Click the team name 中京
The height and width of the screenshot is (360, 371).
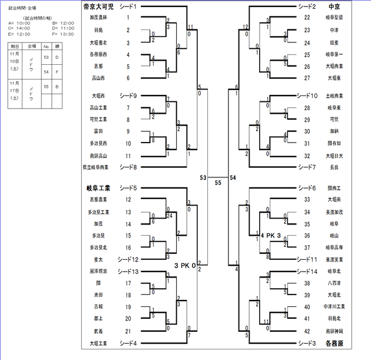point(334,7)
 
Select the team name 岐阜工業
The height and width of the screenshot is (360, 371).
point(98,189)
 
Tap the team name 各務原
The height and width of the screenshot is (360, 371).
point(334,342)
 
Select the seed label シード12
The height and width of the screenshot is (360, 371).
point(128,259)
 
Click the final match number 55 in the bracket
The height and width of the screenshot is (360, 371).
point(218,183)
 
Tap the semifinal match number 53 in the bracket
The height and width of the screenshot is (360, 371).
point(203,177)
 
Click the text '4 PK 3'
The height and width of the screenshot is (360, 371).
point(271,236)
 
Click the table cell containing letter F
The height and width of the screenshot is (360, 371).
point(56,72)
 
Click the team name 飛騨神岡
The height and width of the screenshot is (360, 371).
point(334,331)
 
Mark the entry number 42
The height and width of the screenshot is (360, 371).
point(307,331)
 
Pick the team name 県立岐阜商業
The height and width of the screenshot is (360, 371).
point(97,167)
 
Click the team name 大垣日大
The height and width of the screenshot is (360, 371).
point(334,156)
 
